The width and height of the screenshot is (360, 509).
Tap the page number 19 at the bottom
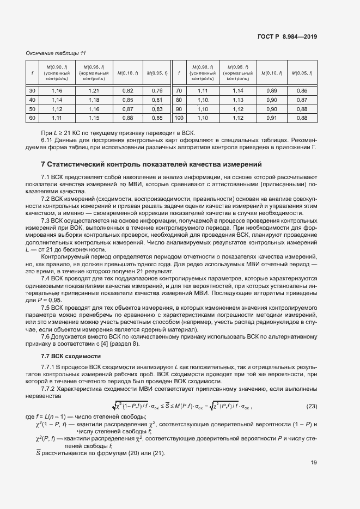tap(314, 463)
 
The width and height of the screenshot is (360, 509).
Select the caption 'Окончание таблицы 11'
tap(56, 53)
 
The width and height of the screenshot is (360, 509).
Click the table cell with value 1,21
tap(94, 90)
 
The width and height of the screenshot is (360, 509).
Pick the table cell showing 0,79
tap(157, 90)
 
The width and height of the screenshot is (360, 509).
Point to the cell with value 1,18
tap(94, 100)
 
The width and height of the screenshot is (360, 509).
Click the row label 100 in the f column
tap(178, 118)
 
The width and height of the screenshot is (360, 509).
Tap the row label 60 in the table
tap(32, 118)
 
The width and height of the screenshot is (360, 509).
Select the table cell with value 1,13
tap(238, 100)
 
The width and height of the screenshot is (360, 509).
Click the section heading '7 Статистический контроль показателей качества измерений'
tap(151, 164)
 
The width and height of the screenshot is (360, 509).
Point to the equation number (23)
tap(312, 407)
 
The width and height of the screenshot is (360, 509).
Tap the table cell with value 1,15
tap(94, 118)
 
